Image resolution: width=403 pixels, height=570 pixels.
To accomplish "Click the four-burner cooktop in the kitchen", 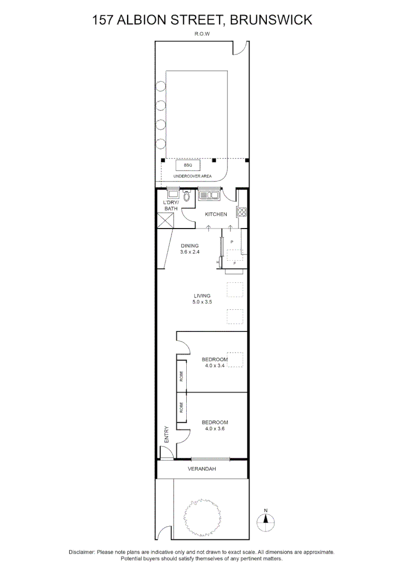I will (242, 212).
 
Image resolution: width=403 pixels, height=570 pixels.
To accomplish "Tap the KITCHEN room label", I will (216, 214).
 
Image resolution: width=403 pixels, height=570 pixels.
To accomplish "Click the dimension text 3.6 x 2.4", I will (190, 252).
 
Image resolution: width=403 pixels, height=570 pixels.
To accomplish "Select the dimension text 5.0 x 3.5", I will (201, 303).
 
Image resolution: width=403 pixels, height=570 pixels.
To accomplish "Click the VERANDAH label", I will (201, 469).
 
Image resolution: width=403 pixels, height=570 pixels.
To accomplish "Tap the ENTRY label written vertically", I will (166, 434).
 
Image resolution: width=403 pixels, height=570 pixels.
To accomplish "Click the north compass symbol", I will (265, 520).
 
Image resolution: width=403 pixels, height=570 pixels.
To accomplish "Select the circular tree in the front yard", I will (201, 517).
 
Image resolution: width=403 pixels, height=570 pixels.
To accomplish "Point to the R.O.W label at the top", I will (201, 33).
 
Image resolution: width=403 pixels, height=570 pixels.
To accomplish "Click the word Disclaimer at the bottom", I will (82, 552).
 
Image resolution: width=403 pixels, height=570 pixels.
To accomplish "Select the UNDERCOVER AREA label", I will (193, 176).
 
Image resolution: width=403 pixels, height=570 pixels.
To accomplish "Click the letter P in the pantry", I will (232, 241).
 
